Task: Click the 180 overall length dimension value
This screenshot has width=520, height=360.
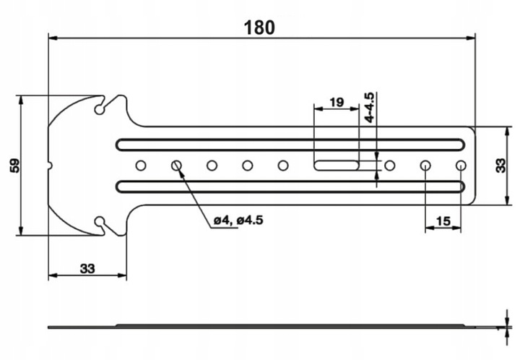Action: [259, 27]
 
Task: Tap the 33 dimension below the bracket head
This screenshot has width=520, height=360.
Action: [87, 268]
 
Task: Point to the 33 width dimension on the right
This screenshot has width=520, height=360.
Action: [503, 166]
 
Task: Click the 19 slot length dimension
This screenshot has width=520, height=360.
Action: [335, 102]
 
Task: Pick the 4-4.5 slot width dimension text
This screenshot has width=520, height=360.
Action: [369, 106]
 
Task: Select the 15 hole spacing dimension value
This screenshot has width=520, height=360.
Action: [443, 220]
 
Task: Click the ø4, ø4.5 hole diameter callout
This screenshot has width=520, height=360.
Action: [238, 221]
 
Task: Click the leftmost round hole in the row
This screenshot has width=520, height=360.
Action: [141, 166]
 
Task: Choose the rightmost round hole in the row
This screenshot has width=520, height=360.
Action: [461, 166]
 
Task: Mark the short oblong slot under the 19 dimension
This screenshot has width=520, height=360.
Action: [336, 166]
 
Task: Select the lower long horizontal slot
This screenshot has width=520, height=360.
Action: [289, 187]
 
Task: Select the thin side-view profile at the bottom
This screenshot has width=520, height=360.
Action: [274, 326]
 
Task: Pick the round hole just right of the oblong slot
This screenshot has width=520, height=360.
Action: [390, 166]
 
